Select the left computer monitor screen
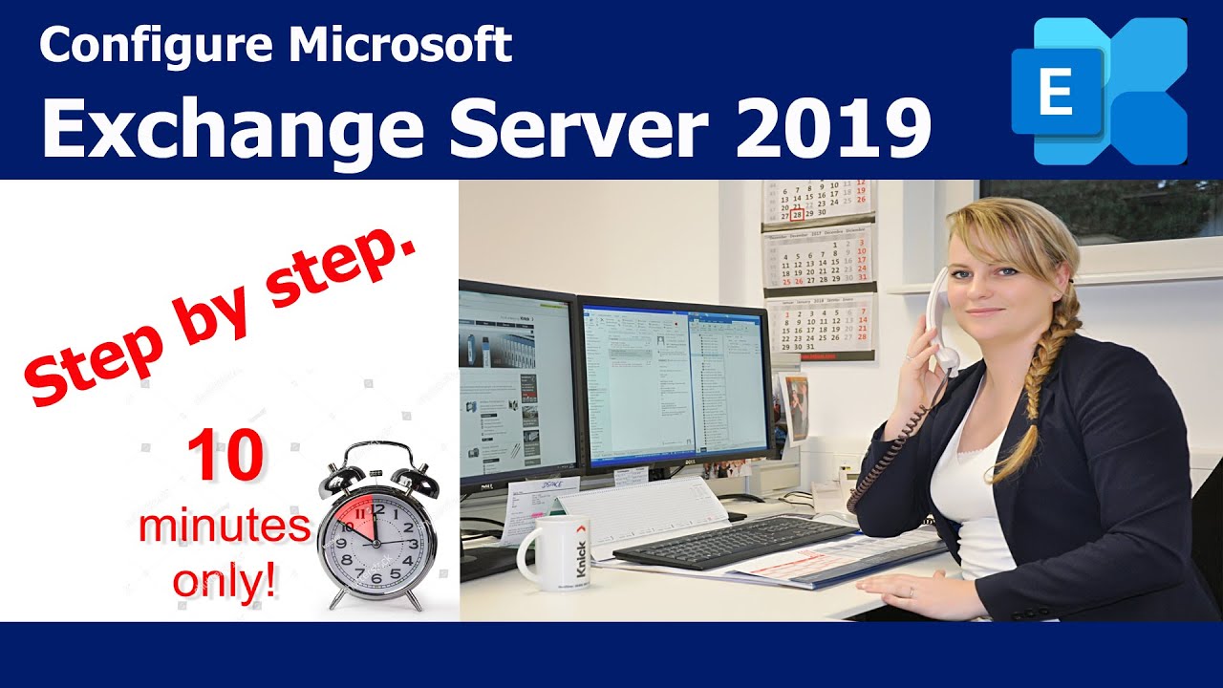click(516, 382)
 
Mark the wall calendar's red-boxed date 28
click(797, 216)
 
